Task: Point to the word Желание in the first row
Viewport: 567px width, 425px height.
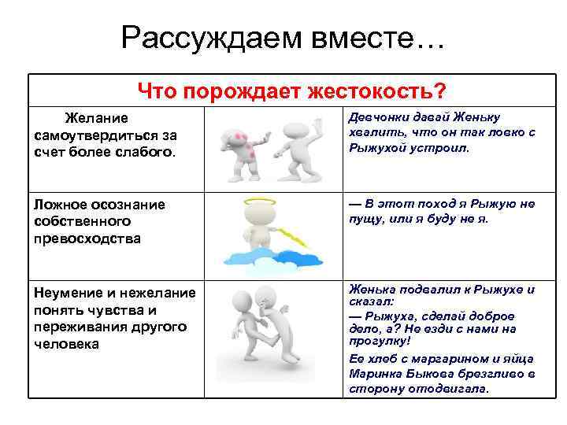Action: pyautogui.click(x=96, y=119)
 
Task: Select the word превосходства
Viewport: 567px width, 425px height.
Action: pyautogui.click(x=87, y=238)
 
